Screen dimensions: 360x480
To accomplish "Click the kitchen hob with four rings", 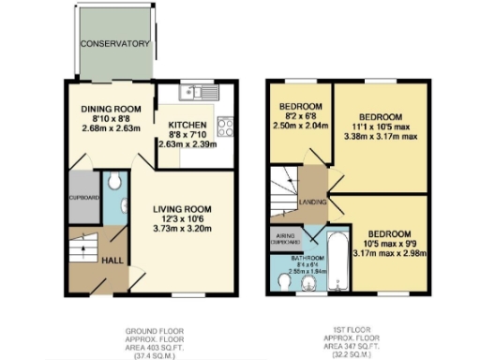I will [x=225, y=127].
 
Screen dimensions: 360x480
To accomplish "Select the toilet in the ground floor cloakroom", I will [x=112, y=179].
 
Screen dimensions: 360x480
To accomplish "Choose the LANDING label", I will [x=312, y=200].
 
